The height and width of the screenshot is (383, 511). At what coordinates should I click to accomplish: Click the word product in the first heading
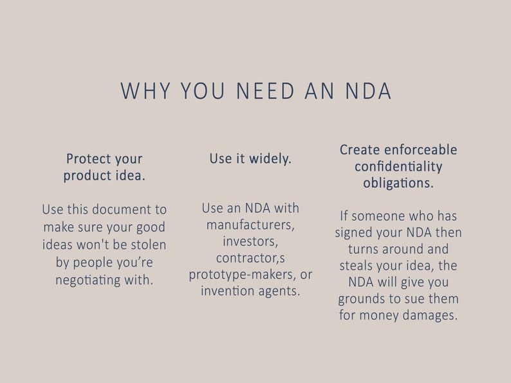(86, 176)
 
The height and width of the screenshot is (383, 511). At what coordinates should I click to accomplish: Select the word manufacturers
(250, 225)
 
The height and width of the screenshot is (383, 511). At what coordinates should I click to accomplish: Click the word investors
(250, 241)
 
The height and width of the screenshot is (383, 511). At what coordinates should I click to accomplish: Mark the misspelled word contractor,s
(250, 258)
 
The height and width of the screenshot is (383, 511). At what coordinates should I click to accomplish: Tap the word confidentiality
(398, 167)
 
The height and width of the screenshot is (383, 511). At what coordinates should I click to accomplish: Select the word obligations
(398, 183)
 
